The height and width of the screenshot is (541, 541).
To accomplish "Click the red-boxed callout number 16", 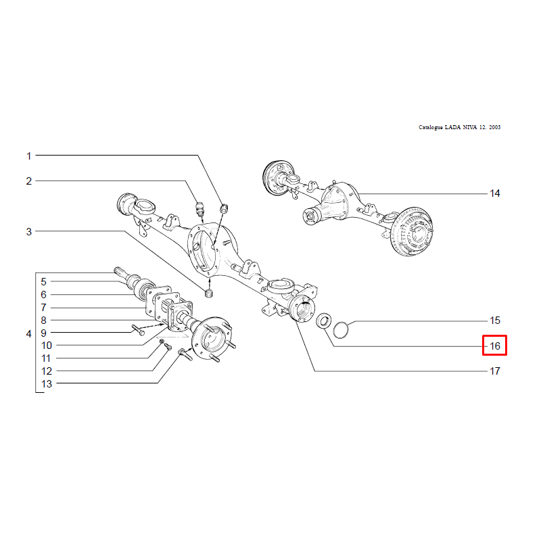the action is [x=495, y=346].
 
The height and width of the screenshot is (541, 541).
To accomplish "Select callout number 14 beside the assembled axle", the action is [x=495, y=193].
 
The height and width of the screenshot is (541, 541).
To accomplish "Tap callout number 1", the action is [x=29, y=156].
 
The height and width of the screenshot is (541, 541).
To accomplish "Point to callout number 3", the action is [x=29, y=231].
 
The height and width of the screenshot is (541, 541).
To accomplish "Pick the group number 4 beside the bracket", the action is [x=28, y=333].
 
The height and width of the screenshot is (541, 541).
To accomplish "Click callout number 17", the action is [x=495, y=371].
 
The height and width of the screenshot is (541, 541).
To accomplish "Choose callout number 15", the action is [x=495, y=320].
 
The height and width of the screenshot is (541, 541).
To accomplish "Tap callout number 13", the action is [x=47, y=383].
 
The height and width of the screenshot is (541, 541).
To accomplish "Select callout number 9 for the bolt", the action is [x=43, y=333].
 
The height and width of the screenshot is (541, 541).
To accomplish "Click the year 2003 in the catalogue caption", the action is [x=494, y=127].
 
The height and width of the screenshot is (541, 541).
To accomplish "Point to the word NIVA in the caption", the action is [x=469, y=127].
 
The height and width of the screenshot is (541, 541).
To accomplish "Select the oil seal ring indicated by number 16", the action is [x=324, y=321].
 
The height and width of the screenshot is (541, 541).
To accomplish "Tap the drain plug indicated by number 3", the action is [x=209, y=293].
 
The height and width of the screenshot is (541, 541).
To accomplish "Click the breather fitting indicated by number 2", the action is [x=200, y=208].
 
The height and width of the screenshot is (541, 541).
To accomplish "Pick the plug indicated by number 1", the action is [x=225, y=208].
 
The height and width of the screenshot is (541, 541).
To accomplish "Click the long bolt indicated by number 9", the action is [x=138, y=329].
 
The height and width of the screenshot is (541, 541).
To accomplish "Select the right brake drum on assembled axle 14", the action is [x=411, y=231].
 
